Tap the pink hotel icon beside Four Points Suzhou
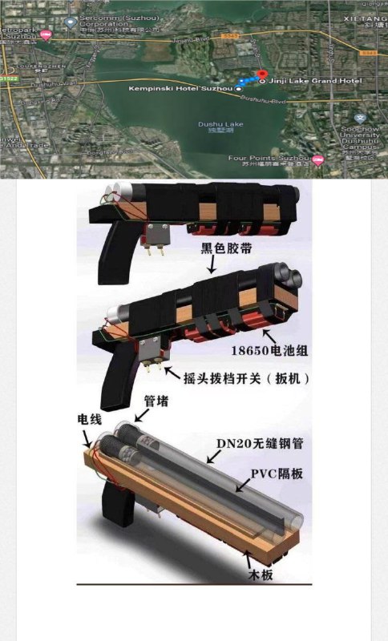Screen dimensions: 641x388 318,159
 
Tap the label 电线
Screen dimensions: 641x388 88,420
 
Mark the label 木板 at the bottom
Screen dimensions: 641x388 263,574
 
